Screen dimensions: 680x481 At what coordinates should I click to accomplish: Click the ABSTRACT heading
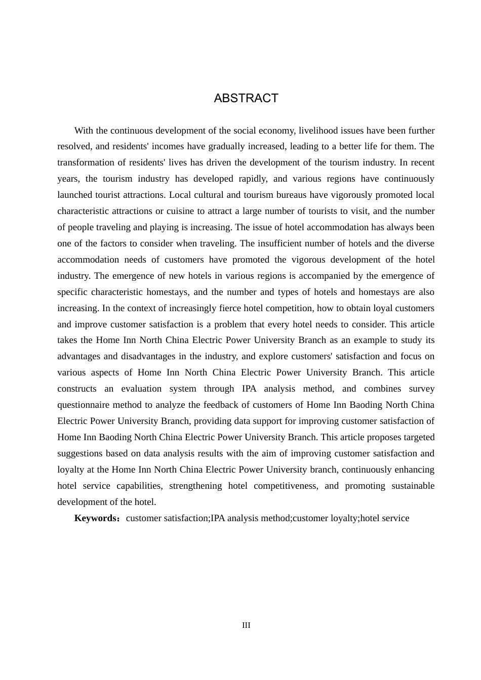coord(246,98)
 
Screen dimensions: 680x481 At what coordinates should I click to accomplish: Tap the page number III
coord(246,625)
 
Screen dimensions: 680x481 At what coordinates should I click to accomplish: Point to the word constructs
coord(77,389)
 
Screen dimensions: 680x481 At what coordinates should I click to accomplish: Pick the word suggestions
coord(80,453)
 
